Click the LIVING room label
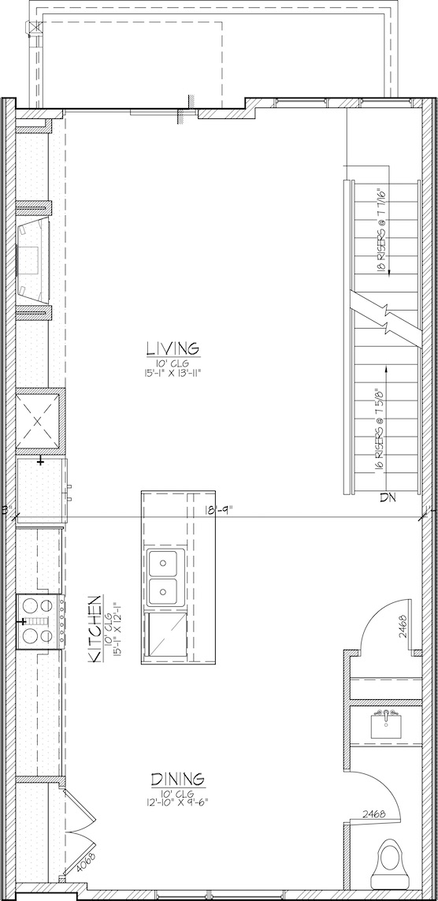pos(173,348)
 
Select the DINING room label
pos(177,779)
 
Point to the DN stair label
pos(388,497)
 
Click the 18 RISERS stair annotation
pos(380,230)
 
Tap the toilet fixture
pos(392,861)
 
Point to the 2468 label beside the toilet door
pos(373,814)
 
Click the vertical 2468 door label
pos(404,627)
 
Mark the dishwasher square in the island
pos(168,634)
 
